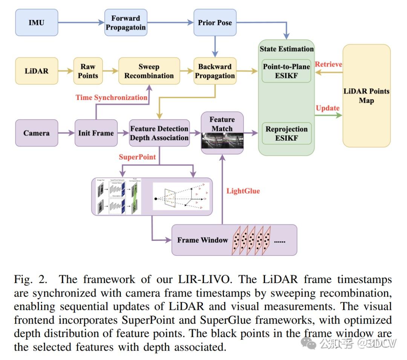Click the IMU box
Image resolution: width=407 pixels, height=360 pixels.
[x=37, y=23]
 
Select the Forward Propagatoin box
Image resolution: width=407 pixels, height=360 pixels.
[x=125, y=23]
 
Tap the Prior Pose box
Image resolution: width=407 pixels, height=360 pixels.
[x=215, y=23]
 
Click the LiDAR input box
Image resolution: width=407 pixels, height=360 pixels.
[x=37, y=71]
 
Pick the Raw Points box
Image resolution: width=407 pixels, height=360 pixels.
[x=88, y=71]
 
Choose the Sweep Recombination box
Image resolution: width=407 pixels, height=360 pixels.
[x=149, y=71]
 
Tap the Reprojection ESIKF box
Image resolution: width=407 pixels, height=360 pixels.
[x=286, y=133]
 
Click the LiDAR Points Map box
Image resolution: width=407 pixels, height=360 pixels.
[x=366, y=96]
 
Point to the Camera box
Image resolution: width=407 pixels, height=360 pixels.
[x=37, y=133]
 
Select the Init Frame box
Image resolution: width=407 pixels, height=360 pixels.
[x=96, y=133]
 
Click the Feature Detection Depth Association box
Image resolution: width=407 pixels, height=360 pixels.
[x=159, y=133]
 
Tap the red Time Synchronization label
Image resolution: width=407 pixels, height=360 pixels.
[x=112, y=98]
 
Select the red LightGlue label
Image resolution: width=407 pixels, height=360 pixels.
[x=243, y=191]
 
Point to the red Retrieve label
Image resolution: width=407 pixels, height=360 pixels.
[x=329, y=64]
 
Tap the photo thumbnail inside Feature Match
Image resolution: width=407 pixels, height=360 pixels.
[x=222, y=142]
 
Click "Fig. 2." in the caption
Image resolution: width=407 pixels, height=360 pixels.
[x=31, y=280]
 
